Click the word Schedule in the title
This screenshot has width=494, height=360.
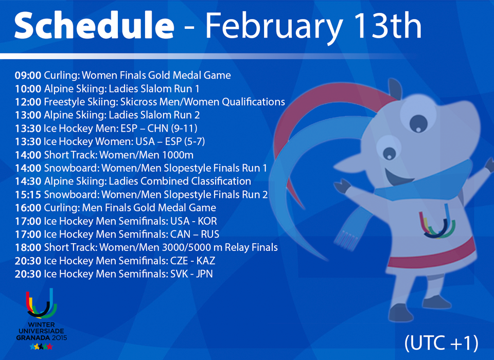94,25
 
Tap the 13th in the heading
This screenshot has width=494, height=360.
387,26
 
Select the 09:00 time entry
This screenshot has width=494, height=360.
28,75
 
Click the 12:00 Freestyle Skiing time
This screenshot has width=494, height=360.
28,102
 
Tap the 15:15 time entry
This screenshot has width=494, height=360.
28,194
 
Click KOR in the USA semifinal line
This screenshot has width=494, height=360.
207,221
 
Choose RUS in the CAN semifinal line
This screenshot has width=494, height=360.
210,235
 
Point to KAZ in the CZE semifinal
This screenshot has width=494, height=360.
206,261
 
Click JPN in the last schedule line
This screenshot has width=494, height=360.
204,274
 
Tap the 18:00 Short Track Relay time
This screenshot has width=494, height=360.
28,247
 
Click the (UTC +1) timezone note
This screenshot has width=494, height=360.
442,343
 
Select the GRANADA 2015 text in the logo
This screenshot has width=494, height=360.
42,338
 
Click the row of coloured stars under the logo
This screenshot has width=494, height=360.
41,347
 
